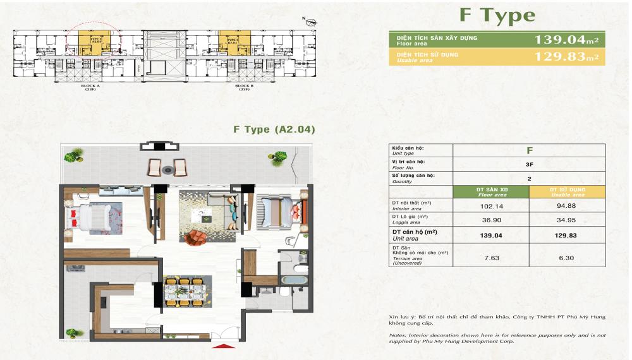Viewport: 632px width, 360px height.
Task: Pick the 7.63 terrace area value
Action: pyautogui.click(x=490, y=257)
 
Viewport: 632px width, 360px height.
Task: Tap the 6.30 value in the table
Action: pyautogui.click(x=567, y=257)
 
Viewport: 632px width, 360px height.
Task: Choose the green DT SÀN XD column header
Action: pyautogui.click(x=490, y=192)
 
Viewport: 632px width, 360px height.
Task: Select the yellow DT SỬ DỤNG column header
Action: pyautogui.click(x=567, y=192)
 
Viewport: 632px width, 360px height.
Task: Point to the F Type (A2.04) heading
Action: pyautogui.click(x=274, y=129)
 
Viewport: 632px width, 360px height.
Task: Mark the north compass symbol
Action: pyautogui.click(x=310, y=21)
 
